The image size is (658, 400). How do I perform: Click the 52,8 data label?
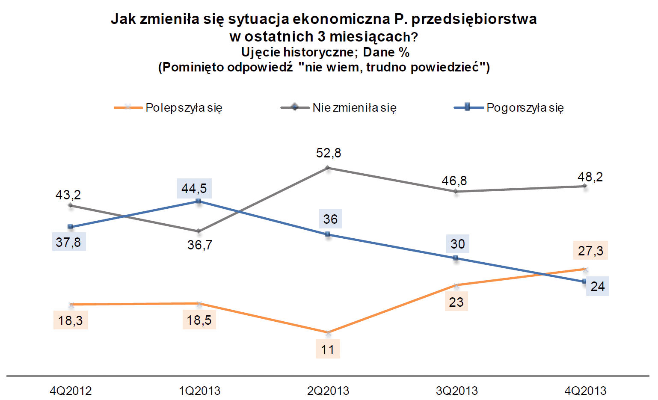click(x=329, y=153)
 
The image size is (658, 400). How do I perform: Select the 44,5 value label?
click(x=194, y=189)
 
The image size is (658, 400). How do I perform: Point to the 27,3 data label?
click(x=590, y=251)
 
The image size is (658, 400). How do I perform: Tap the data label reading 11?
click(x=328, y=350)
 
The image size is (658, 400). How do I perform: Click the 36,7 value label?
click(x=200, y=245)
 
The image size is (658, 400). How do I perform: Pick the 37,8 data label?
click(x=68, y=242)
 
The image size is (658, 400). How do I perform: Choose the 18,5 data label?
click(x=199, y=320)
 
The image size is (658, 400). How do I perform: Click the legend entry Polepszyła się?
click(x=184, y=108)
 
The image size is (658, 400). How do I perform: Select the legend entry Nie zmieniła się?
click(x=354, y=108)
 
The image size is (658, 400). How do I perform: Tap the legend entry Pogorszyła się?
click(x=525, y=108)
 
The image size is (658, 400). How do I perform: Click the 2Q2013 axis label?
click(x=328, y=391)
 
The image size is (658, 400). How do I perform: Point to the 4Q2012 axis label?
click(x=71, y=391)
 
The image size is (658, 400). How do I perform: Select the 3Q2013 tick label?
click(x=457, y=391)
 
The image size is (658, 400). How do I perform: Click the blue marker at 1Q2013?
click(x=199, y=201)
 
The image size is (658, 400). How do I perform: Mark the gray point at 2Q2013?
click(x=328, y=168)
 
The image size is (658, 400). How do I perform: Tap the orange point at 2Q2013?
click(x=328, y=332)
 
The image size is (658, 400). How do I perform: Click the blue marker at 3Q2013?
click(x=456, y=258)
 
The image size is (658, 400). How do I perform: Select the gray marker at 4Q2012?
click(x=71, y=205)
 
